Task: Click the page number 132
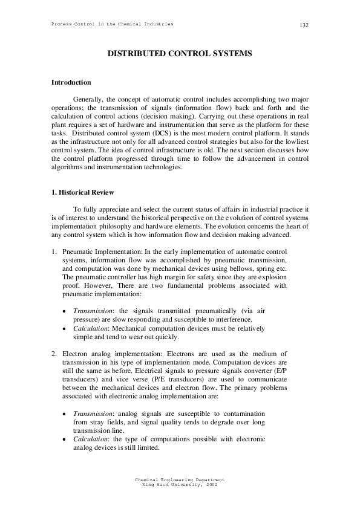click(x=304, y=25)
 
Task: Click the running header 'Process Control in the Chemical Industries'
click(x=108, y=24)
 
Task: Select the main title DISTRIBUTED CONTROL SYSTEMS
click(x=180, y=54)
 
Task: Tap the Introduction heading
click(x=71, y=82)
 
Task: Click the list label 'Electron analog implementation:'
click(x=109, y=353)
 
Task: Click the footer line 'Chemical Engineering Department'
click(x=180, y=479)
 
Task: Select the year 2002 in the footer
click(x=211, y=484)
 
